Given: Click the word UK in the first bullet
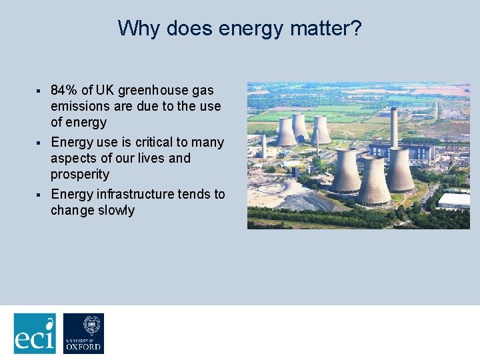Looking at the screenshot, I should tap(105, 90).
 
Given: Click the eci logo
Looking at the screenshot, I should tap(35, 333).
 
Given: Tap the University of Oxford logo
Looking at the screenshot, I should tap(83, 333).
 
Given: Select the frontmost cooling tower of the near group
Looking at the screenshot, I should tap(374, 182).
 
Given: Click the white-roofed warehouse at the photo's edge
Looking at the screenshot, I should tap(454, 200).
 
